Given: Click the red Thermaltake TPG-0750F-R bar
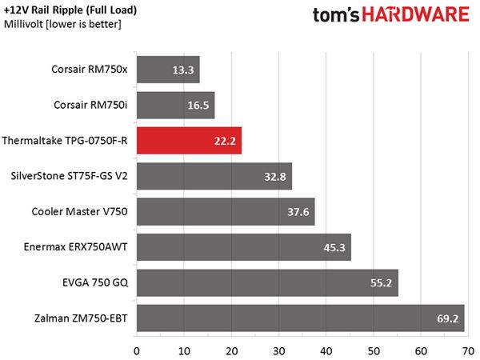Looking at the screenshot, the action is point(189,141).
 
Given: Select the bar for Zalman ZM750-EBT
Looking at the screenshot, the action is point(301,318).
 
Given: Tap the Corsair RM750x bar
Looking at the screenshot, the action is point(168,70).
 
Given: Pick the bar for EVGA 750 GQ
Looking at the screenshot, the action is point(267,282).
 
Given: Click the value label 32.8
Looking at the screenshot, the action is point(275,177).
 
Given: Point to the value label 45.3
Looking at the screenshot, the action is point(334,248).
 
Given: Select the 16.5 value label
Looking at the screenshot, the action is point(198,106).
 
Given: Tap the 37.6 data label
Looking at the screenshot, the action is point(298,212).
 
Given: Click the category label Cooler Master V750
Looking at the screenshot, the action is point(79,211).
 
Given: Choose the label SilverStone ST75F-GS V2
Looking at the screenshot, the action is point(69,176).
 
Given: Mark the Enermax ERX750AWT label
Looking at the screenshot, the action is point(76,247).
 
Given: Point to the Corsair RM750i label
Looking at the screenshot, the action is point(90,105).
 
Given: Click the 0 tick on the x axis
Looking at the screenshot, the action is point(137,351).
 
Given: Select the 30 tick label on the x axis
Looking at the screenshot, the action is point(278,351).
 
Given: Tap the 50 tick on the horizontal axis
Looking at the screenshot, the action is point(374,351).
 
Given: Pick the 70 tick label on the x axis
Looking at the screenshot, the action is point(468,351).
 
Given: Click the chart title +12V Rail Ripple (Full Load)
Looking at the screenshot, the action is point(70,10).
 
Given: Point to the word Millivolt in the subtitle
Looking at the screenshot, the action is point(23,24).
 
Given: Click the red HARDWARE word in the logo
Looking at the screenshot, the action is point(416,14).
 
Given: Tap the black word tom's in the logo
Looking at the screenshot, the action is point(336,15).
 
